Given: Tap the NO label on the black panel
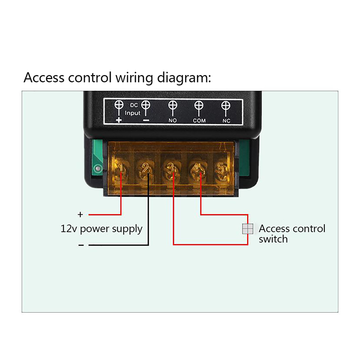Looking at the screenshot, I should pyautogui.click(x=172, y=121).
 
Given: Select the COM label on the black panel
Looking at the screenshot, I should pyautogui.click(x=199, y=121).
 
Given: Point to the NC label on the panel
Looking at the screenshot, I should pyautogui.click(x=226, y=121).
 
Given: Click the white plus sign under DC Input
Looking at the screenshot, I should pyautogui.click(x=119, y=120).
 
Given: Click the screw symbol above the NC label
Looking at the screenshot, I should pyautogui.click(x=226, y=106).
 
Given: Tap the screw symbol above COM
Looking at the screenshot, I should pyautogui.click(x=199, y=106).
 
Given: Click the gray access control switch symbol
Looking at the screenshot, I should pyautogui.click(x=247, y=229).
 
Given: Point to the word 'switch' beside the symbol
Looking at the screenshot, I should pyautogui.click(x=273, y=239).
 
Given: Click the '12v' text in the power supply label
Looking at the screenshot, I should pyautogui.click(x=69, y=229).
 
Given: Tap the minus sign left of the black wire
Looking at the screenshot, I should pyautogui.click(x=81, y=245).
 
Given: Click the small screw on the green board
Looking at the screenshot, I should pyautogui.click(x=96, y=169).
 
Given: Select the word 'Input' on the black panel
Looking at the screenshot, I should pyautogui.click(x=133, y=113).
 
